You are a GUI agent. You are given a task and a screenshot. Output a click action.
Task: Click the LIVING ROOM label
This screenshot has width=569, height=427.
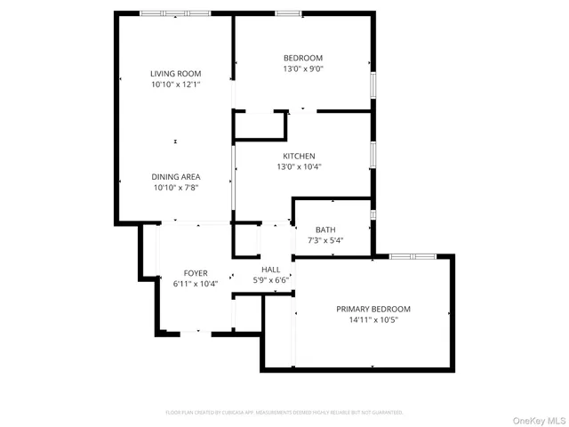click(175, 74)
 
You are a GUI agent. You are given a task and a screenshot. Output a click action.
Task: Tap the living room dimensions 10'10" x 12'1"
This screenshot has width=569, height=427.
click(175, 85)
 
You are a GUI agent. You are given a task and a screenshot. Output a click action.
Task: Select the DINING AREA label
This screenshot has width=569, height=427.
click(175, 177)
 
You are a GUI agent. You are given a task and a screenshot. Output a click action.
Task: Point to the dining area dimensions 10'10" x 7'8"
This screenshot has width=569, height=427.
click(175, 188)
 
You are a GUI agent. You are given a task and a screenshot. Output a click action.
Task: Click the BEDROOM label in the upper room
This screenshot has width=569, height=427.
click(303, 58)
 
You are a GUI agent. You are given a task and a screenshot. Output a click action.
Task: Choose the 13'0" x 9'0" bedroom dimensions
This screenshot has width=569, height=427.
click(303, 68)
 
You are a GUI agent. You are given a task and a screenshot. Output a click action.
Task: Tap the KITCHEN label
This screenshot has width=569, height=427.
click(299, 156)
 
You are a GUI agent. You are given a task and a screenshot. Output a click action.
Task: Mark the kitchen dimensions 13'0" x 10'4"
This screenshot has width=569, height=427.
click(299, 166)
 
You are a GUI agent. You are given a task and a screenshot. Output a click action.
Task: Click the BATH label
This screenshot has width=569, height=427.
click(325, 230)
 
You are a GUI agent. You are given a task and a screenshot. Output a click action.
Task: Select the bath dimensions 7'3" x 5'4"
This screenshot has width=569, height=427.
click(325, 240)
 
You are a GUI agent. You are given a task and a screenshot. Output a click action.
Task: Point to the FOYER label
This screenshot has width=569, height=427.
click(196, 273)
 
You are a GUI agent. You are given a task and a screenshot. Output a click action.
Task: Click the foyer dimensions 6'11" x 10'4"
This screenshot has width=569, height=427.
click(196, 284)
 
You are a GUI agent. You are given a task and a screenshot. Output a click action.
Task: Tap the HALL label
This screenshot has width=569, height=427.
click(270, 270)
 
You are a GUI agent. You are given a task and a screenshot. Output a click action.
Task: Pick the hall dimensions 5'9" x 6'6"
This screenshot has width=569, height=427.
click(270, 280)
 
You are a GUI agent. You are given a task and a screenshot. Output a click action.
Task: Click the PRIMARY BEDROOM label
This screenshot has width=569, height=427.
click(373, 309)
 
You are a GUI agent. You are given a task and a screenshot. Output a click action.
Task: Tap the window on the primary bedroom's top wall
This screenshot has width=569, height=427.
click(413, 256)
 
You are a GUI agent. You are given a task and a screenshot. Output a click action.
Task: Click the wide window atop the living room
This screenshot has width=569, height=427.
click(175, 13)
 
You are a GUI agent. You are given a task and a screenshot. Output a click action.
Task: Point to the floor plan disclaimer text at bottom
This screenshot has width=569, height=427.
click(284, 413)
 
